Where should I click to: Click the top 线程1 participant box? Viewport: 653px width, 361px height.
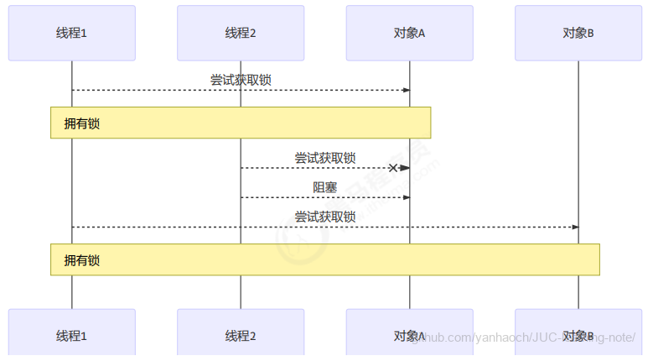(x=71, y=34)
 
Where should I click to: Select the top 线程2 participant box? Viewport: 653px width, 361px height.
(x=241, y=34)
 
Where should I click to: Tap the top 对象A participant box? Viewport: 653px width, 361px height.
(x=409, y=34)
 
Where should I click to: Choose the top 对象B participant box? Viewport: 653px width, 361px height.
(x=578, y=34)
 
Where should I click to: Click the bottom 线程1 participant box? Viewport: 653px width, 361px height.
(x=71, y=336)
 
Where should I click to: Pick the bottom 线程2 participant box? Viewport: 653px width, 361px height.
(x=241, y=336)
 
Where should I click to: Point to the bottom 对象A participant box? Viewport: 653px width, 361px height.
(x=409, y=336)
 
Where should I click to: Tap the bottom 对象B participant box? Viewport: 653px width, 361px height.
(x=578, y=336)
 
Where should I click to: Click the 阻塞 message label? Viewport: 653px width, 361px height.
(x=325, y=187)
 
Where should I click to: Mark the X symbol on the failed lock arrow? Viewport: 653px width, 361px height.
(x=392, y=168)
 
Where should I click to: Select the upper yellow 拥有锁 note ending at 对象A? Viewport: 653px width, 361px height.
(x=241, y=123)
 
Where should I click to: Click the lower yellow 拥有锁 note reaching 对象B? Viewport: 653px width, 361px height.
(x=325, y=259)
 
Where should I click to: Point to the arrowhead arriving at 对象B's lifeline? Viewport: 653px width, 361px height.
(x=574, y=227)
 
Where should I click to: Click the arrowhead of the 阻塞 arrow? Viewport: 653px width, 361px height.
(x=406, y=197)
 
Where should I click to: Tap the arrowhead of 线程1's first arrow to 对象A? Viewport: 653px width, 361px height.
(x=406, y=90)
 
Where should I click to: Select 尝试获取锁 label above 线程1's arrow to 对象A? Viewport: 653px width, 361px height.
(x=241, y=80)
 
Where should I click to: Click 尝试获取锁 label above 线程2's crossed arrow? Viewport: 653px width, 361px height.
(x=325, y=157)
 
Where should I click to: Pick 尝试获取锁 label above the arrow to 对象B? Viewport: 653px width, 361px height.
(x=325, y=217)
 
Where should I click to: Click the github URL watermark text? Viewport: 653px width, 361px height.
(x=524, y=337)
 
